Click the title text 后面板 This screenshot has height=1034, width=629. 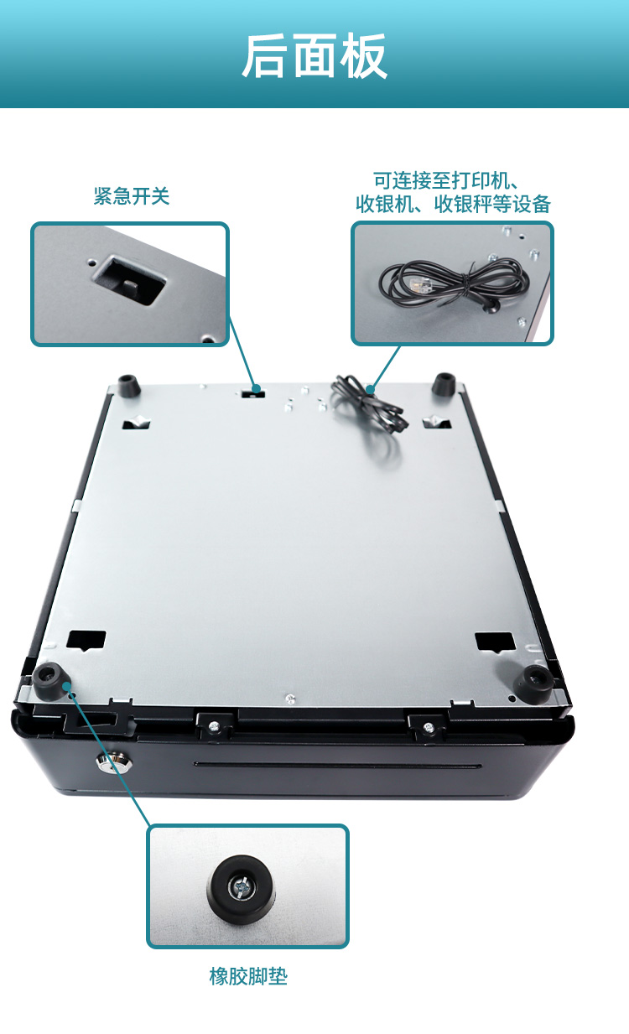click(x=314, y=56)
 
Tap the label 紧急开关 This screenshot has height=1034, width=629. click(x=132, y=196)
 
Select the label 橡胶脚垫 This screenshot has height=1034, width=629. click(x=248, y=976)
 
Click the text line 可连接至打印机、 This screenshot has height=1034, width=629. click(x=446, y=180)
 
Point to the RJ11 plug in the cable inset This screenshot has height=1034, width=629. click(x=417, y=287)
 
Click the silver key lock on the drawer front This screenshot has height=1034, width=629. click(x=113, y=762)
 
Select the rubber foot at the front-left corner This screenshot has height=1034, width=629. click(x=51, y=681)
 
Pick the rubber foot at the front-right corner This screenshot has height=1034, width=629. click(x=534, y=683)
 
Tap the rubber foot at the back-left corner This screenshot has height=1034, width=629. click(x=129, y=386)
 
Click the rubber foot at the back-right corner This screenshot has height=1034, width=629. click(x=444, y=384)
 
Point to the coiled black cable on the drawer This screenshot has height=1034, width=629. click(x=369, y=404)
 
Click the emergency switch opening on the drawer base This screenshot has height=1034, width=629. click(x=253, y=392)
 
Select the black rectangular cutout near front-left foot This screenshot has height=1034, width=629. click(x=86, y=641)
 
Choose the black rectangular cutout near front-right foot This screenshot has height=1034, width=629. click(x=495, y=642)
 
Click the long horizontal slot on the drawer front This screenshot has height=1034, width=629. click(x=338, y=765)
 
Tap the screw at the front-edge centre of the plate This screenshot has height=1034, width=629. click(x=290, y=699)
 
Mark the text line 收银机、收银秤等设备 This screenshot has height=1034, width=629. click(x=453, y=204)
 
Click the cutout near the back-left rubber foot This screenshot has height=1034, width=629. click(x=136, y=423)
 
